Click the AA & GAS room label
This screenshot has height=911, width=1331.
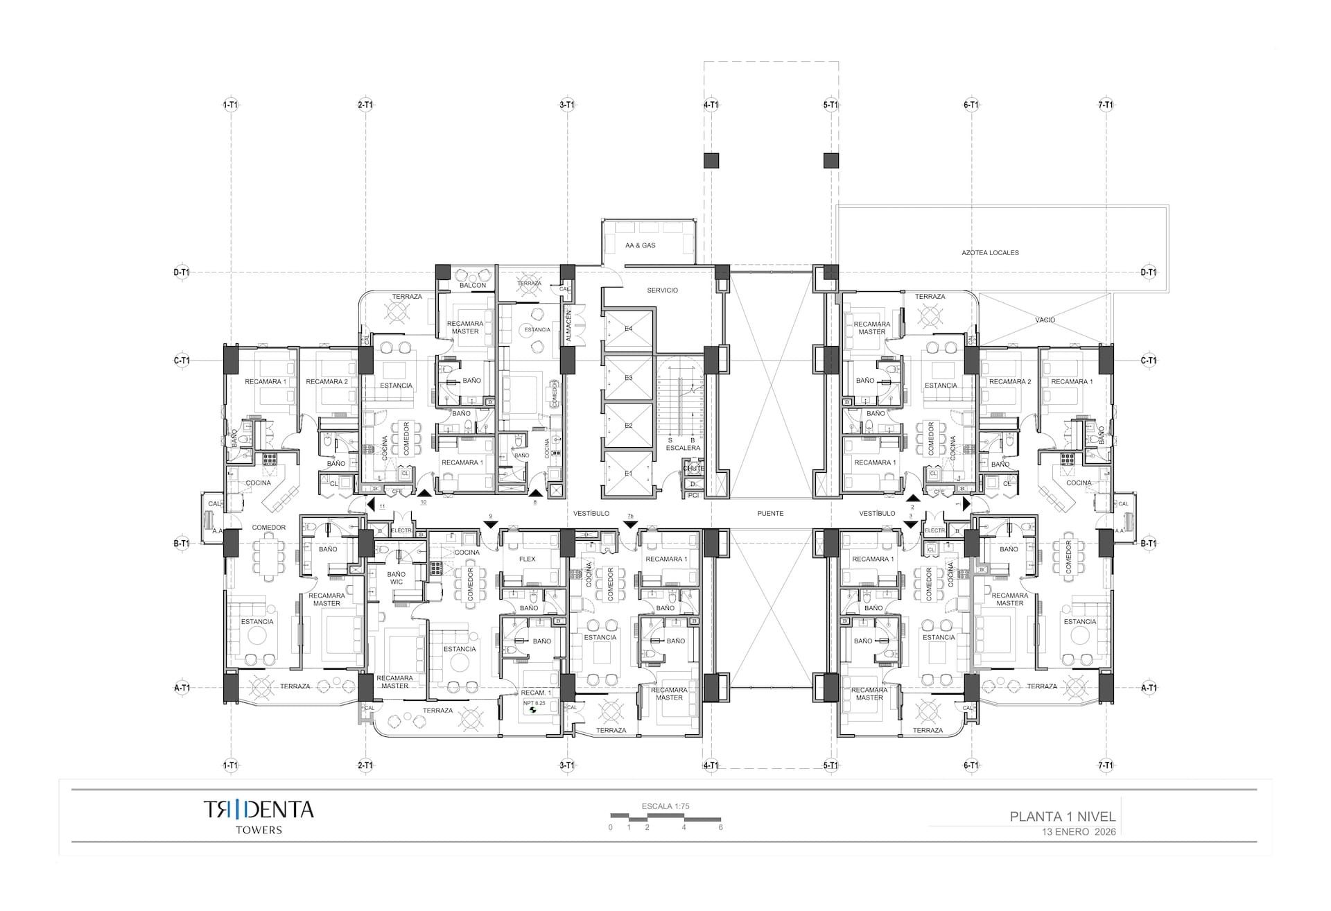(x=640, y=245)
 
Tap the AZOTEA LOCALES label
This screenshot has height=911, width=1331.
(x=990, y=253)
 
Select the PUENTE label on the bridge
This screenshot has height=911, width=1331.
(x=770, y=514)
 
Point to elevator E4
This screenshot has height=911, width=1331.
(x=628, y=329)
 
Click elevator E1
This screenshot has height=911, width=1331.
(x=628, y=474)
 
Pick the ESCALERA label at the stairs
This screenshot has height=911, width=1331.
(x=683, y=448)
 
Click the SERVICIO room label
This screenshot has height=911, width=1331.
(x=662, y=290)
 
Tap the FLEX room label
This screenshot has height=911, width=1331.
(x=527, y=559)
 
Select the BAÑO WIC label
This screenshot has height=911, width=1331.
(x=397, y=578)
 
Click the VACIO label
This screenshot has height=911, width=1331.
(x=1045, y=320)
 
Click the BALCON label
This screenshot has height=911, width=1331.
(x=473, y=286)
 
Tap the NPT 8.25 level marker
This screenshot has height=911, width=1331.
(x=534, y=703)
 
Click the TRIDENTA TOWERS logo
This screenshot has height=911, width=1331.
(x=259, y=815)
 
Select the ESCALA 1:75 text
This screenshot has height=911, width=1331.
(x=665, y=806)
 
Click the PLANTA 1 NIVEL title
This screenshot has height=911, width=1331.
(x=1062, y=817)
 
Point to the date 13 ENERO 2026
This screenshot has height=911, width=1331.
(x=1078, y=832)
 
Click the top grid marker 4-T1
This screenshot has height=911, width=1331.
(x=711, y=105)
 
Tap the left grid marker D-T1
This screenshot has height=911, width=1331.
(x=181, y=272)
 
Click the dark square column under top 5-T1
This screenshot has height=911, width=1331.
(x=831, y=161)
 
